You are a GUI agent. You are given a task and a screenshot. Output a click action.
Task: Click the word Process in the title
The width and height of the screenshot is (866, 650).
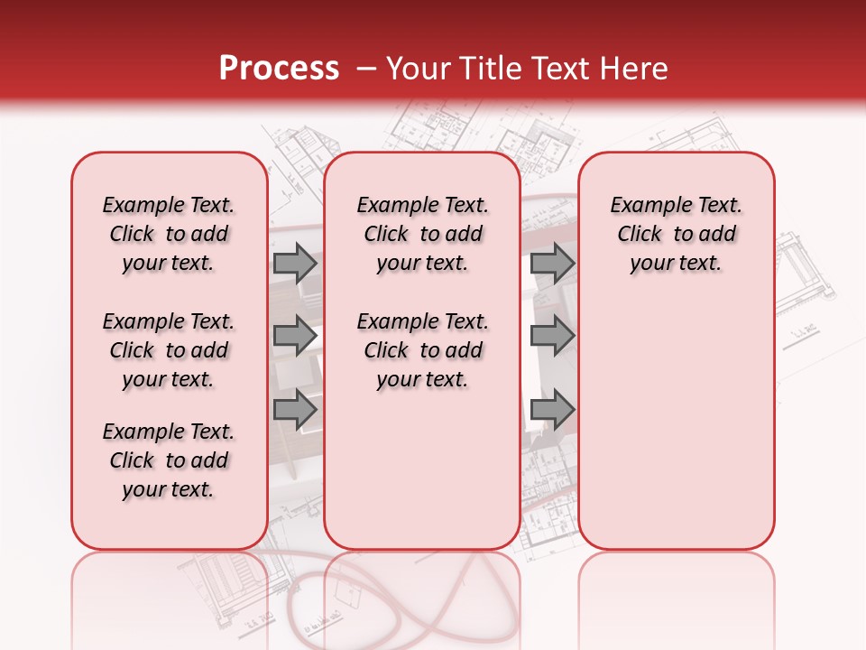click(279, 69)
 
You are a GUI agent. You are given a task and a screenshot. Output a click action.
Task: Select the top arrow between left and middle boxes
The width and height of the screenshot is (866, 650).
click(295, 264)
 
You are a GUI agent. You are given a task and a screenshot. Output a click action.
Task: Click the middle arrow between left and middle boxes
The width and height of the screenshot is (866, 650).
click(295, 336)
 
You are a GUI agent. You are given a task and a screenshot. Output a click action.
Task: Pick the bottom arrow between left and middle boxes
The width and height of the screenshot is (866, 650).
click(295, 409)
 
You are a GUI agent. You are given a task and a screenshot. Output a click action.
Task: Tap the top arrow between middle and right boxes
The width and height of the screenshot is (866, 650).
click(553, 264)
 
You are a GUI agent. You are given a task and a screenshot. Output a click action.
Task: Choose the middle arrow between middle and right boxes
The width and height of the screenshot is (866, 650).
click(553, 336)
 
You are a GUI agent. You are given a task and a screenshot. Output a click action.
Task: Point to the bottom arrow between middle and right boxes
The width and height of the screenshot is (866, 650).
click(553, 409)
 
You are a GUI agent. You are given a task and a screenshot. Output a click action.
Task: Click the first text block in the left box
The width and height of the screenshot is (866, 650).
click(169, 235)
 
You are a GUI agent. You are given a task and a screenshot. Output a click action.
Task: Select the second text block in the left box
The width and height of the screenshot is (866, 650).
click(169, 350)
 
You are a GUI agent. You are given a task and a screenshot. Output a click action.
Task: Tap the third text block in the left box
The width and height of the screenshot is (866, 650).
click(169, 460)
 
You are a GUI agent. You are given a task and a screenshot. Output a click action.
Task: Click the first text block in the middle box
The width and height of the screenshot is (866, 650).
click(422, 235)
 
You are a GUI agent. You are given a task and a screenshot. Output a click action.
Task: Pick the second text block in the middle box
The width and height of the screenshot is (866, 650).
click(422, 350)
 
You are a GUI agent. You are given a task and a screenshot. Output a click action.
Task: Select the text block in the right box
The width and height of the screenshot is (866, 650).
click(676, 235)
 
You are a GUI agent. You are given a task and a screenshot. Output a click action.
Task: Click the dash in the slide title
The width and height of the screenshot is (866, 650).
click(366, 69)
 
